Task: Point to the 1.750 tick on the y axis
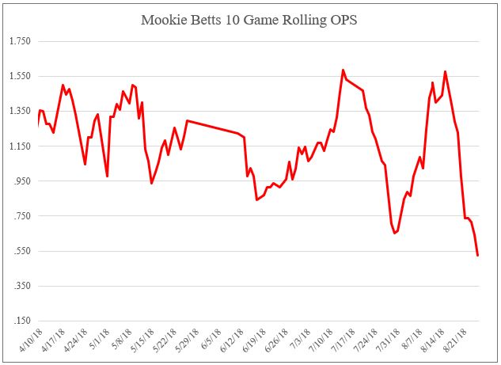click(18, 41)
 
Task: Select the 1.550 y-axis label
click(18, 76)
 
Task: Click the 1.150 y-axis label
click(18, 146)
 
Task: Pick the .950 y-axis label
click(20, 181)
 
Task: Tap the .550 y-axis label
click(20, 251)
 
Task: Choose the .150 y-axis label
click(20, 321)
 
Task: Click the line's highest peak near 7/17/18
click(343, 70)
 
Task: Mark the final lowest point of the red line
click(477, 255)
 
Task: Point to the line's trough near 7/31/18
click(394, 233)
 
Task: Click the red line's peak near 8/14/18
click(446, 71)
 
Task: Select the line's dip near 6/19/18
click(256, 200)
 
